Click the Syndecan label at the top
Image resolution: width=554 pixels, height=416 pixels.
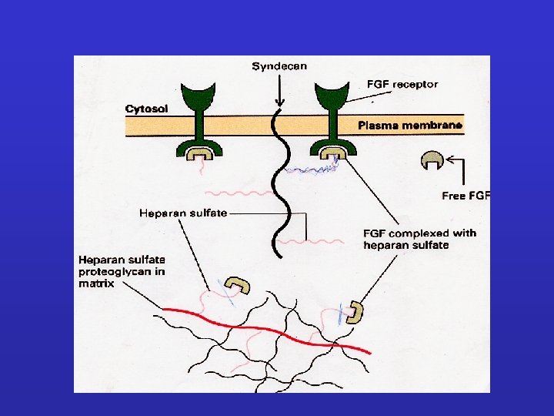[x=279, y=66]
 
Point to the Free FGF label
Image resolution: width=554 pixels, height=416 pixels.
[x=466, y=196]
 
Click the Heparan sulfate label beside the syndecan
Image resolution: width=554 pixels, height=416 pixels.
[x=183, y=213]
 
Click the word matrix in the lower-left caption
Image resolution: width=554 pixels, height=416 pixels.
[x=95, y=283]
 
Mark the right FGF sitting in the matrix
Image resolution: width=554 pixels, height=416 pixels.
[x=355, y=311]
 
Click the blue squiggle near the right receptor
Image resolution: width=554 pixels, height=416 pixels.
[x=308, y=172]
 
